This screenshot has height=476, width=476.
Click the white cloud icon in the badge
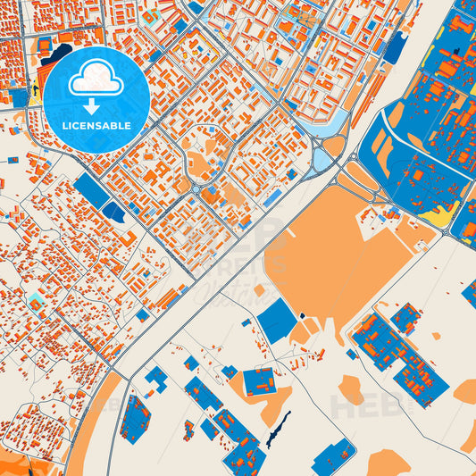[96, 79]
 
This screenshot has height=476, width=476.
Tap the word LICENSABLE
[96, 126]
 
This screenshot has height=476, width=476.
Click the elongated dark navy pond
[278, 429]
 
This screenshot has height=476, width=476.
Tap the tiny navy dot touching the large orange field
[302, 315]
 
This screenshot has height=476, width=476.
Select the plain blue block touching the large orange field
[277, 321]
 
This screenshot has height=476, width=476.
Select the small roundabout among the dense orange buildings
[196, 189]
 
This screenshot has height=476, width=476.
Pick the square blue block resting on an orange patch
[260, 381]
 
